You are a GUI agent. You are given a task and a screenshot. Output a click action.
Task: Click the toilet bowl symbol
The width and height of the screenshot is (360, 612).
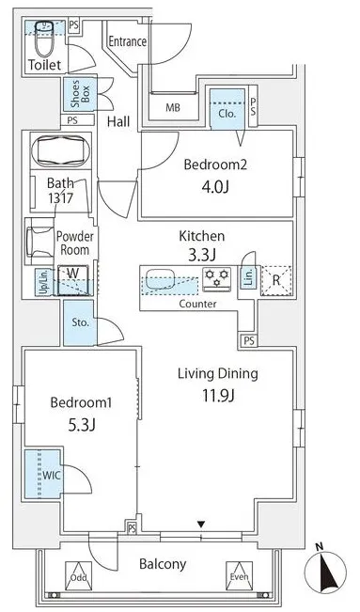[44, 39]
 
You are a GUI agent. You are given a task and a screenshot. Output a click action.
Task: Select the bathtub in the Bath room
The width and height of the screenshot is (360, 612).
[60, 151]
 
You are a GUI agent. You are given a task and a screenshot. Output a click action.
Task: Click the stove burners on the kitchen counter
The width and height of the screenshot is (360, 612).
[217, 279]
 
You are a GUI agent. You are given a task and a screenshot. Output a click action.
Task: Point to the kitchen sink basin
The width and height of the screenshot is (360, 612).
[160, 278]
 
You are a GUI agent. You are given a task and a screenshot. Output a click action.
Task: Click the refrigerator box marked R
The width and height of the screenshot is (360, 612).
[276, 280]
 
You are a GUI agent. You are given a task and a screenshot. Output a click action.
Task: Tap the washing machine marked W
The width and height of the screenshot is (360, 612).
[73, 280]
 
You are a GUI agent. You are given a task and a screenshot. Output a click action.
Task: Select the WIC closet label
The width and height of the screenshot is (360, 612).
[51, 476]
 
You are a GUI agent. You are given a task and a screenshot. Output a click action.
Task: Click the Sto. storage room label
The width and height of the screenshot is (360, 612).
[80, 322]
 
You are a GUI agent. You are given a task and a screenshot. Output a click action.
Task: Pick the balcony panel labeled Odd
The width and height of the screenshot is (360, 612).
[78, 575]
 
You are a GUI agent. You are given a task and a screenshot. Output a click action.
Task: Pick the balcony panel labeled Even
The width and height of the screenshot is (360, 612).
[240, 575]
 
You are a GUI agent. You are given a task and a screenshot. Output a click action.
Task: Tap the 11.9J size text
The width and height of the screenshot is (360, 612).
[218, 396]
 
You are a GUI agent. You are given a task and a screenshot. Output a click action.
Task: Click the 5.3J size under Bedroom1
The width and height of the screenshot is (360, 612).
[82, 425]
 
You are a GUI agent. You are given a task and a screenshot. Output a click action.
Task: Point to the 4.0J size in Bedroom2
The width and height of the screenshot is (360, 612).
[214, 187]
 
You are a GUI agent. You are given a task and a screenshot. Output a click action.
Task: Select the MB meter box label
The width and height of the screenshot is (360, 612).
[173, 107]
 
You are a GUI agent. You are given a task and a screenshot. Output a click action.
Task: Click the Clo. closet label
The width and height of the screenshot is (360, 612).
[227, 114]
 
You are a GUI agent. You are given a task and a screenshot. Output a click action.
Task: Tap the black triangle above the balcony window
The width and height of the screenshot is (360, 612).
[201, 525]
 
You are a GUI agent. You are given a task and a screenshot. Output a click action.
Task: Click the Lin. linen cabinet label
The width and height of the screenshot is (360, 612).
[249, 277]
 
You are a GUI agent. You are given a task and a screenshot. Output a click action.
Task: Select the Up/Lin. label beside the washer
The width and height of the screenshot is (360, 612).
[44, 282]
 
